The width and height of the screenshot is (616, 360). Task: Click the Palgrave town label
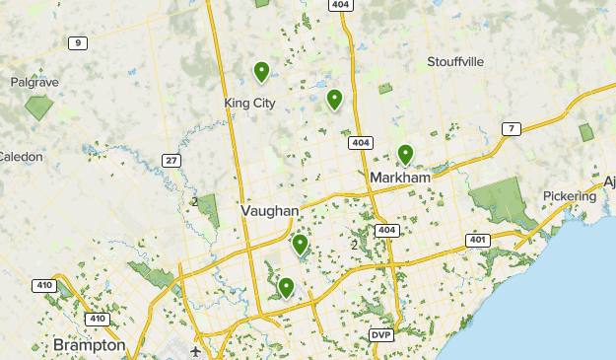34,83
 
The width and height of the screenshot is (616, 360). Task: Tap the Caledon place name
20,156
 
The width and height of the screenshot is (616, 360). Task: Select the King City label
249,102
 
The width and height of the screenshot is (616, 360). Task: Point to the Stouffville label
455,61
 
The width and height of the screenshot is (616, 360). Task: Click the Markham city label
400,178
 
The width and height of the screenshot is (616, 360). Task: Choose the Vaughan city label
269,211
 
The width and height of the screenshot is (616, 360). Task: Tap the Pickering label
570,196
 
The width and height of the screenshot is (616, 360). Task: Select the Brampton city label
90,346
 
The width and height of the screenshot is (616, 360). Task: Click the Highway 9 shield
78,42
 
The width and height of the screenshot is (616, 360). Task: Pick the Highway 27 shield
171,161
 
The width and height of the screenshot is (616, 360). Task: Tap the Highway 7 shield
510,129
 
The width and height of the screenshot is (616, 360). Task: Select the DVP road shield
381,335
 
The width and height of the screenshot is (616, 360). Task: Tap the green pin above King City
261,71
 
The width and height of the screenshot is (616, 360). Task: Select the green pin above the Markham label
405,154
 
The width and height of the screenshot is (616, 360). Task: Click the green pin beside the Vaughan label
300,243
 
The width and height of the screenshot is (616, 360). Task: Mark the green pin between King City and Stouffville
334,99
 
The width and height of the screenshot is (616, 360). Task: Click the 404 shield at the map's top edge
341,5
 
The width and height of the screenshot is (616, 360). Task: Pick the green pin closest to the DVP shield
286,287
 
